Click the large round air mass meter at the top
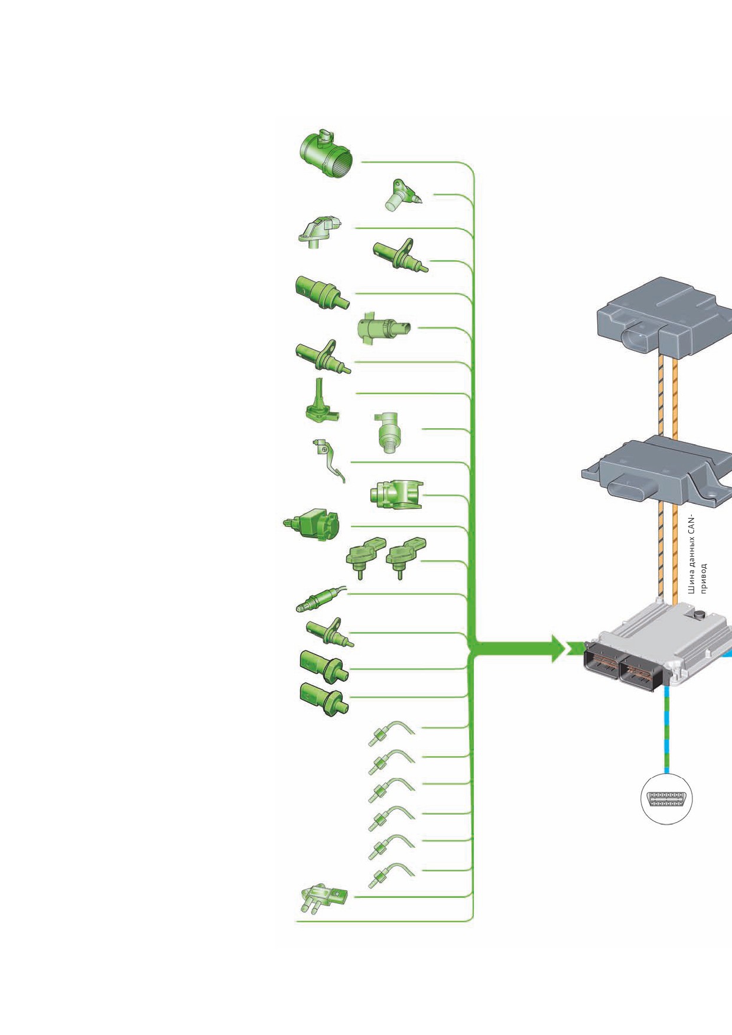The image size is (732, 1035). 327,153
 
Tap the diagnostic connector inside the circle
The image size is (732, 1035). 666,799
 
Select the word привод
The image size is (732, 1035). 703,578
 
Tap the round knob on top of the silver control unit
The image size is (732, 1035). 700,615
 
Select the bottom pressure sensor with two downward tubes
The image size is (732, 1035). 323,899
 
